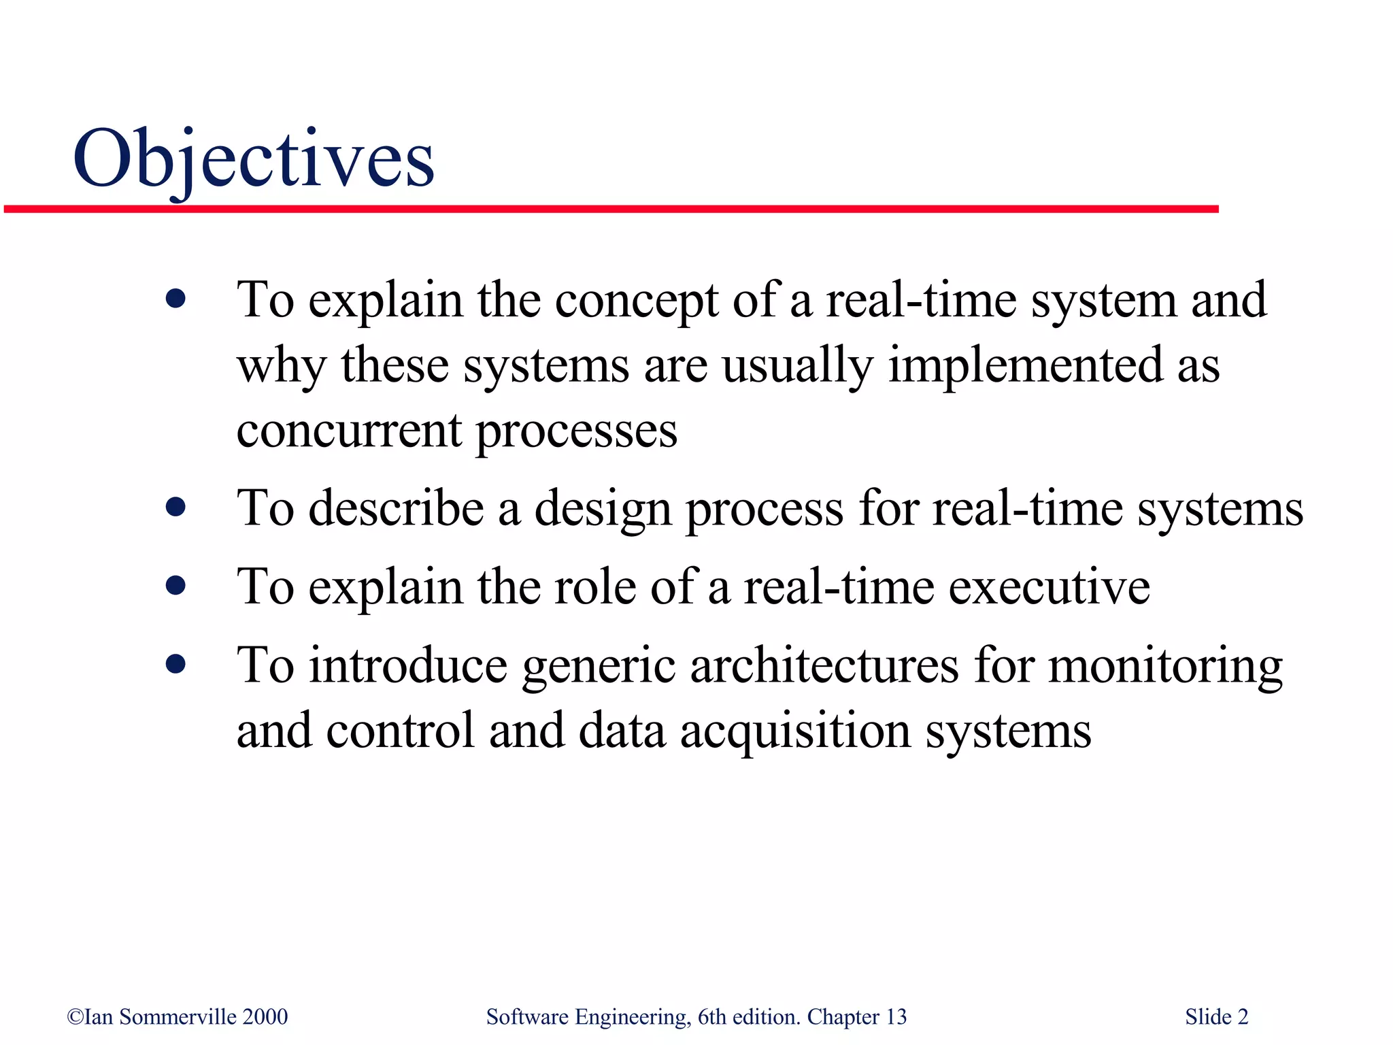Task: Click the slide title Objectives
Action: pyautogui.click(x=253, y=159)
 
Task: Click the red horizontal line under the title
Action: pyautogui.click(x=611, y=209)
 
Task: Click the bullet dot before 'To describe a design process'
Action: pyautogui.click(x=175, y=507)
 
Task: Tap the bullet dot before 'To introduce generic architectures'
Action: pyautogui.click(x=175, y=664)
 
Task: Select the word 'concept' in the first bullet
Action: pyautogui.click(x=636, y=301)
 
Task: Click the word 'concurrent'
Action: pyautogui.click(x=349, y=431)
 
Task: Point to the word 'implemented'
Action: pyautogui.click(x=1025, y=365)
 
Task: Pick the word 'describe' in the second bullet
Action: pyautogui.click(x=396, y=509)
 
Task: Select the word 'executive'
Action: pyautogui.click(x=1049, y=587)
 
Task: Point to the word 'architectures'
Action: pyautogui.click(x=824, y=665)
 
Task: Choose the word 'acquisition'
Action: pyautogui.click(x=795, y=732)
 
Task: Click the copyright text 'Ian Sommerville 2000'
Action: pyautogui.click(x=178, y=1016)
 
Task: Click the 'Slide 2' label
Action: pyautogui.click(x=1216, y=1016)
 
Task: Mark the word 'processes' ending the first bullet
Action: pyautogui.click(x=576, y=432)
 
